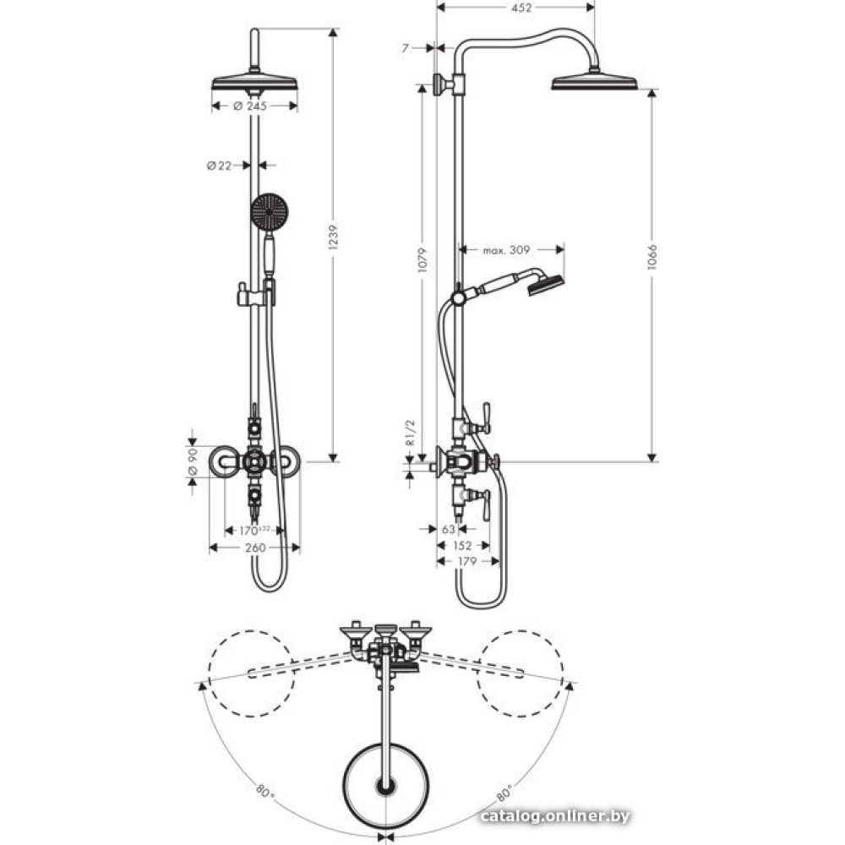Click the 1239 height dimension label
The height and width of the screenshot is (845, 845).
point(333,245)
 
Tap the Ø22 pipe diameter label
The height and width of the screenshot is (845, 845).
point(219,166)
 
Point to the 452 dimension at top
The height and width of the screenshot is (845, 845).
point(522,8)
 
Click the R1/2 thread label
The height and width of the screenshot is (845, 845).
point(409,433)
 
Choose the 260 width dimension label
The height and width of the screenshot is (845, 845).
point(255,548)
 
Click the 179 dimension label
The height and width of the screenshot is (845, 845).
point(466,561)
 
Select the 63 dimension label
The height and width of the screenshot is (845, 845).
point(448,529)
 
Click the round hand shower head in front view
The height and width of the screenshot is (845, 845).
point(270,210)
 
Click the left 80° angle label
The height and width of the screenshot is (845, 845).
point(264,793)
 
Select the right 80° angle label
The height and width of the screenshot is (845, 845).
point(504,793)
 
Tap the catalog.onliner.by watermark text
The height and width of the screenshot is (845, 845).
point(554,815)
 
